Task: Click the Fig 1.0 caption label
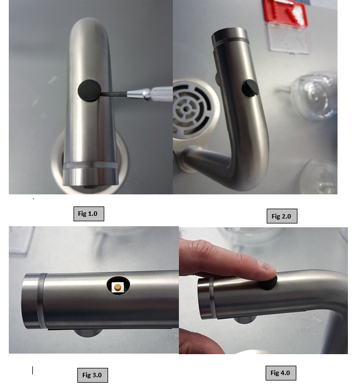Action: (88, 214)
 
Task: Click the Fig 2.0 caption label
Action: (282, 216)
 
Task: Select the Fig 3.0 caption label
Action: (93, 375)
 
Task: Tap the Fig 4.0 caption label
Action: (281, 373)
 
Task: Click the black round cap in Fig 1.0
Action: (89, 91)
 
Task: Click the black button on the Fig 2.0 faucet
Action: (250, 88)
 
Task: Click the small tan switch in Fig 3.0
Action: (117, 287)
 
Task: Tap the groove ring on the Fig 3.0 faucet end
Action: (42, 301)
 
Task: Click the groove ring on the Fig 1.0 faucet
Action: (91, 165)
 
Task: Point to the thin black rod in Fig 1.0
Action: (114, 93)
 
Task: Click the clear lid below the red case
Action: (288, 37)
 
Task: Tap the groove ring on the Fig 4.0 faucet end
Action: (212, 298)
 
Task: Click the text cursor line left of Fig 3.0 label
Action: (32, 370)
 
